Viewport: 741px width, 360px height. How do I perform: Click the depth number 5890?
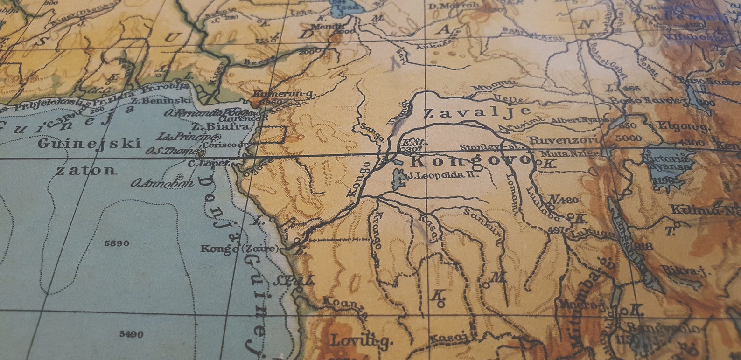(x=118, y=243)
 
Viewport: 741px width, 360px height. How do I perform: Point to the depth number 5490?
(x=131, y=334)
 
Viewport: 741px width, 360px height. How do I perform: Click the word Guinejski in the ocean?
(x=89, y=144)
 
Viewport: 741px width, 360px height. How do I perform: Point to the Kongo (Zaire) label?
(x=239, y=249)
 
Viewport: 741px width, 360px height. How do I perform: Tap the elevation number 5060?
(x=629, y=138)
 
